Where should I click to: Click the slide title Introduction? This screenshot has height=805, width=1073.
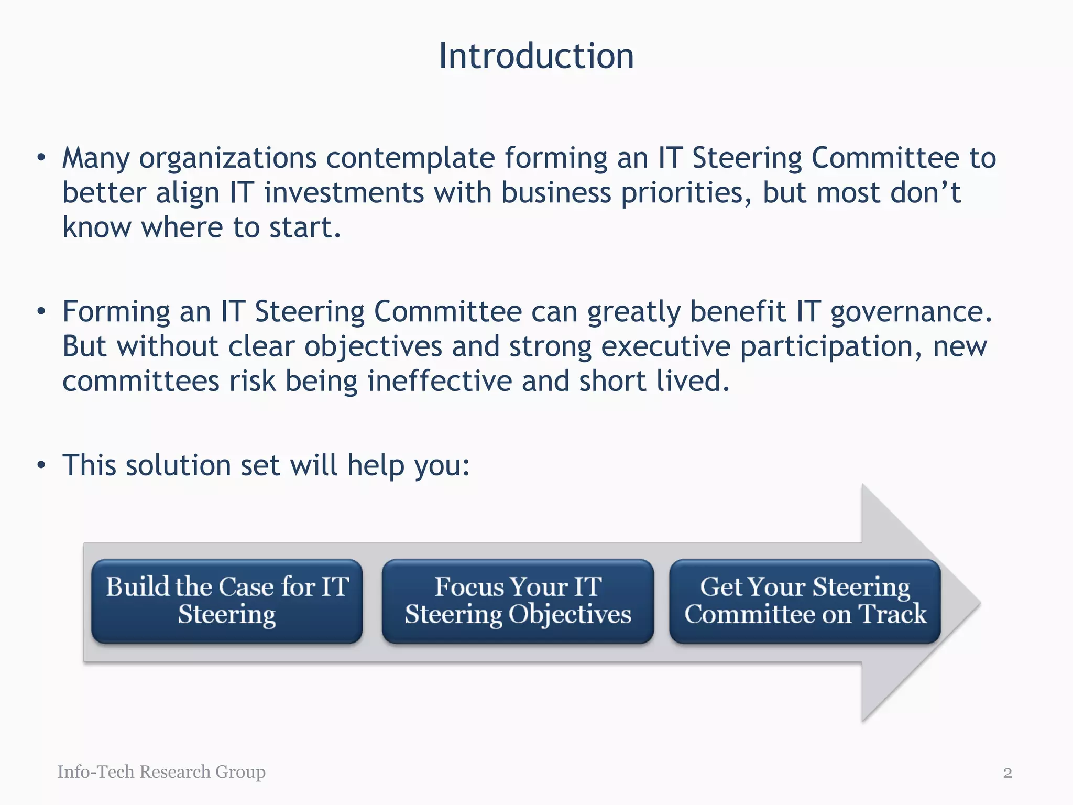pos(536,56)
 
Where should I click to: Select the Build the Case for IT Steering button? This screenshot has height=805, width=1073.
pos(227,601)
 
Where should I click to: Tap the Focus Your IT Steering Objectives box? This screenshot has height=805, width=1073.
pos(518,601)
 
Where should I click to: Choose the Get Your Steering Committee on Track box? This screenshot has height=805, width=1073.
pos(805,601)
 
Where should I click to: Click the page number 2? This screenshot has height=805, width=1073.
pos(1007,773)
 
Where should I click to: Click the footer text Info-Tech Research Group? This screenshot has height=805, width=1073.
pos(161,771)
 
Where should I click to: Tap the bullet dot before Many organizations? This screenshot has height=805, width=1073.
pos(41,158)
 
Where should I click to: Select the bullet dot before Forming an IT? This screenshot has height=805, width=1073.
pos(41,312)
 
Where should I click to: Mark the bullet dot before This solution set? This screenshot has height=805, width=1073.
pos(41,465)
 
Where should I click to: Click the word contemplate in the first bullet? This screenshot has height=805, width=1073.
pos(410,159)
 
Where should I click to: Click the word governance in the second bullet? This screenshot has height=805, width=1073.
pos(911,313)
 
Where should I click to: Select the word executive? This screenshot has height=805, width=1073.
pos(665,347)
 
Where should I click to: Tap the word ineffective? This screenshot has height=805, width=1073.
pos(440,381)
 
